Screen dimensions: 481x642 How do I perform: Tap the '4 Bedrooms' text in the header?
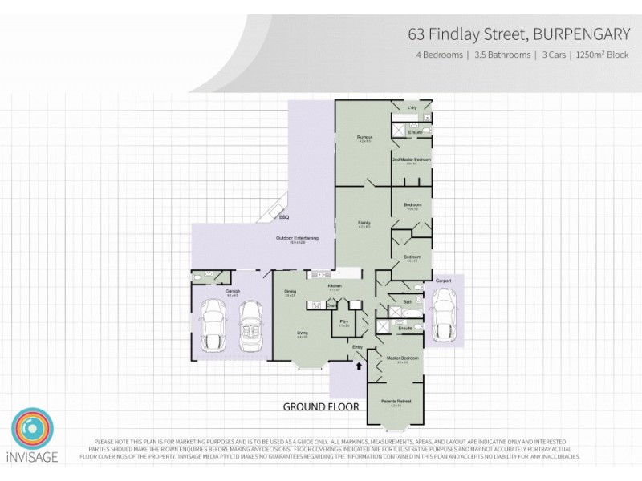(439, 55)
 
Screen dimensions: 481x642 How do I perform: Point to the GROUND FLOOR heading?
(320, 407)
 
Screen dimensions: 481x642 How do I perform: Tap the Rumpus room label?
(364, 137)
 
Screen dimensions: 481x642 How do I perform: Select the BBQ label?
(283, 217)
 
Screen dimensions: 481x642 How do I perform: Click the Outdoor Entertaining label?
(297, 238)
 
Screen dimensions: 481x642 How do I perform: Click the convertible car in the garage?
(251, 325)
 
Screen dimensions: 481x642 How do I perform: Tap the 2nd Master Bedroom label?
(412, 160)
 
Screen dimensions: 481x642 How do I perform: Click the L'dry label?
(412, 107)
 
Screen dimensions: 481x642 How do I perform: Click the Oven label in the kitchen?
(331, 305)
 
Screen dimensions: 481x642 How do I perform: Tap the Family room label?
(364, 223)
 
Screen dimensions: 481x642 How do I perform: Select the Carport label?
(444, 281)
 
